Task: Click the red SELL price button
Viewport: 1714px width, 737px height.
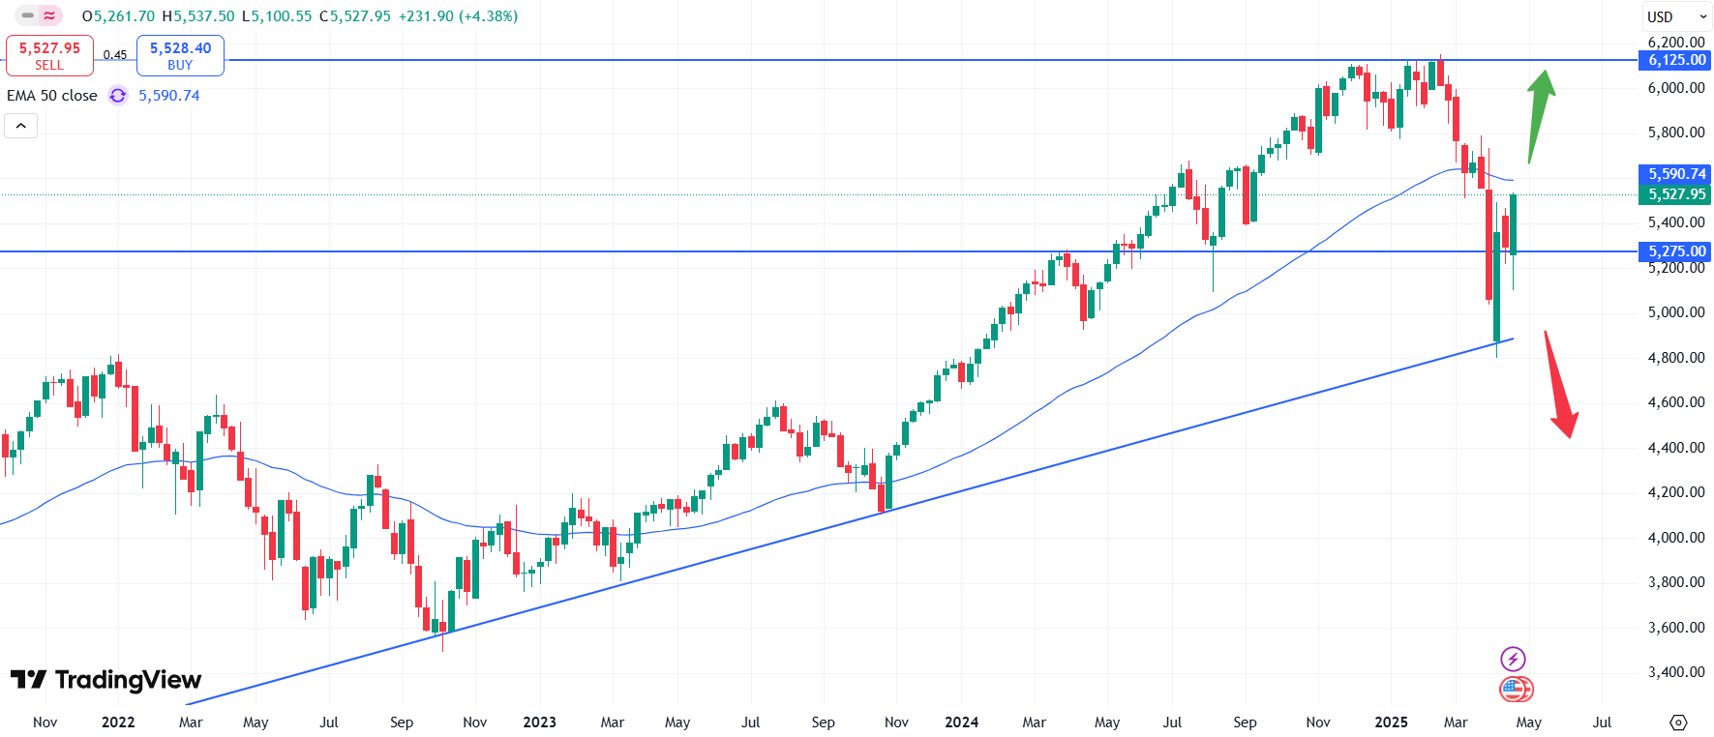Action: pos(49,55)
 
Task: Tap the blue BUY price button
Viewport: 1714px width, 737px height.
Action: pos(180,55)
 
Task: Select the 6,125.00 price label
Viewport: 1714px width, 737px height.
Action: pos(1677,60)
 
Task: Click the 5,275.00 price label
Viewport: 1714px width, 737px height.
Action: pos(1677,251)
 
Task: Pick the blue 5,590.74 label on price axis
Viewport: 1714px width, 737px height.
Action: pos(1677,174)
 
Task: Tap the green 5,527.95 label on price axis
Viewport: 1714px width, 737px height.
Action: pos(1677,194)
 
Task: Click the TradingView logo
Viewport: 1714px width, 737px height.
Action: pos(106,680)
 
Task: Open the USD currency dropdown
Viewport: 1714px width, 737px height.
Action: pos(1676,16)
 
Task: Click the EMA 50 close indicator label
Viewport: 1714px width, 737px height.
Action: pos(52,96)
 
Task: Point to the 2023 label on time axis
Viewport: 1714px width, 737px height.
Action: pos(539,722)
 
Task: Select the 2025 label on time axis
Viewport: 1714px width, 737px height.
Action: pos(1391,722)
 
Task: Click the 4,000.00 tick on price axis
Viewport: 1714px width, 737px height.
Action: pos(1676,537)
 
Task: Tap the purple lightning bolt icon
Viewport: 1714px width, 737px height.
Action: pos(1513,660)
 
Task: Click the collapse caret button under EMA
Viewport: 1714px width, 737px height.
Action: pos(21,126)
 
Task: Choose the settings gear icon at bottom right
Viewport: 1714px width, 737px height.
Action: pos(1678,722)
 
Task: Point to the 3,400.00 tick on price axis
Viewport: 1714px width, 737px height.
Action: pos(1676,672)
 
